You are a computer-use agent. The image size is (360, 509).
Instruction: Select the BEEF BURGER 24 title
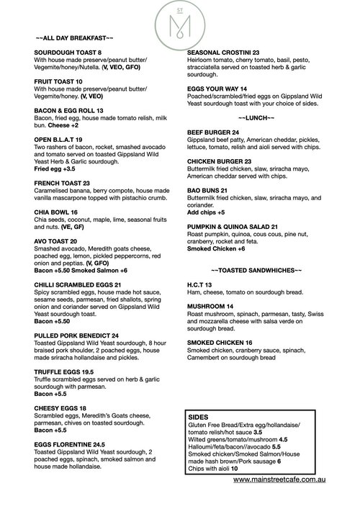click(213, 132)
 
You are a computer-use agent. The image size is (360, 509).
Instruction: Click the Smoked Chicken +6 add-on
click(216, 248)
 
